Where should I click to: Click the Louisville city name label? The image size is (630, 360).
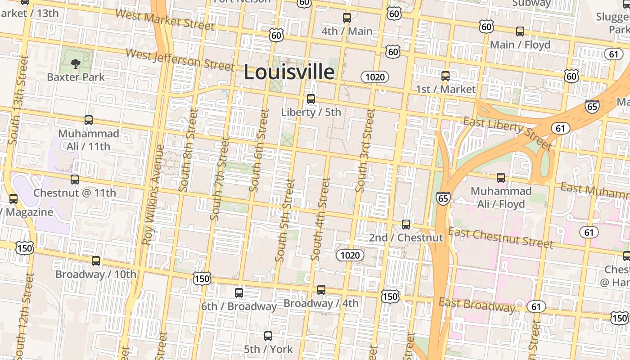click(x=289, y=72)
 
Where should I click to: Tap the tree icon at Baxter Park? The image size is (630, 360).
click(x=76, y=64)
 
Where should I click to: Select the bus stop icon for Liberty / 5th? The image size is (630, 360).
click(x=311, y=99)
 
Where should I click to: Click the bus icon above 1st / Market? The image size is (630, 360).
click(x=445, y=76)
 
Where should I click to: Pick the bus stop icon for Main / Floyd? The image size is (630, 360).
click(x=520, y=31)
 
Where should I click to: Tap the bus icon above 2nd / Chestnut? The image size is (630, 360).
click(x=406, y=224)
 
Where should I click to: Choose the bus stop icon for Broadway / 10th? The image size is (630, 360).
click(x=96, y=261)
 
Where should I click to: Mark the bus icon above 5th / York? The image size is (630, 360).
click(x=268, y=336)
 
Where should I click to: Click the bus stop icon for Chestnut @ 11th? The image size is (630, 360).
click(x=75, y=180)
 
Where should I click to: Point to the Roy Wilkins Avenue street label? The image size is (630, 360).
click(x=153, y=194)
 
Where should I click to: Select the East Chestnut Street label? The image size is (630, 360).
click(x=501, y=238)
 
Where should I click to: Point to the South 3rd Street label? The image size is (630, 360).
click(x=365, y=150)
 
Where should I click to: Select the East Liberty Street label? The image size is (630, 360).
click(x=507, y=132)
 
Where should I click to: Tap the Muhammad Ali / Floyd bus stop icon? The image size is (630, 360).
click(x=501, y=178)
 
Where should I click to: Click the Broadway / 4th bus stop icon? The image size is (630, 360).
click(x=321, y=290)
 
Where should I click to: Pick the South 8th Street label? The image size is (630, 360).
click(x=188, y=150)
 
